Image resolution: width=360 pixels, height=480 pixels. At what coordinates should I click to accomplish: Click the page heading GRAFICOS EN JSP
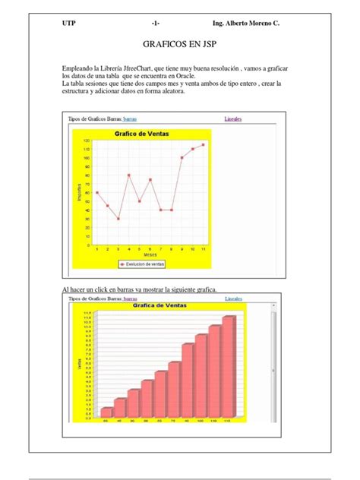tap(180, 46)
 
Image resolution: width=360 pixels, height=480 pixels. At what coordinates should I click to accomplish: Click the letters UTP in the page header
tap(69, 24)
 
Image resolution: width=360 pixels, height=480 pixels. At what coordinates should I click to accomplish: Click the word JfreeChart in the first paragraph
tap(144, 68)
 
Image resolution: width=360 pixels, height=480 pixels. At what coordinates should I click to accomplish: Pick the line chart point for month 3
tap(118, 219)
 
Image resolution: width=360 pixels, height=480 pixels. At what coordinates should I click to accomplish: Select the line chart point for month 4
tap(129, 175)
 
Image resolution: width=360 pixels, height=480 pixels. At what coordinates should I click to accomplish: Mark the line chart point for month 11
tap(204, 144)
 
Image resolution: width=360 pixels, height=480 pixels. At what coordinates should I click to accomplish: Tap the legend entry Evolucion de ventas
tap(144, 264)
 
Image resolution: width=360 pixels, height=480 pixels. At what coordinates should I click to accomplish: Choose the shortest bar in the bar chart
tap(106, 412)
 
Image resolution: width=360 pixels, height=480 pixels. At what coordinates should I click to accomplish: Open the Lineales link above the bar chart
tap(233, 298)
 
